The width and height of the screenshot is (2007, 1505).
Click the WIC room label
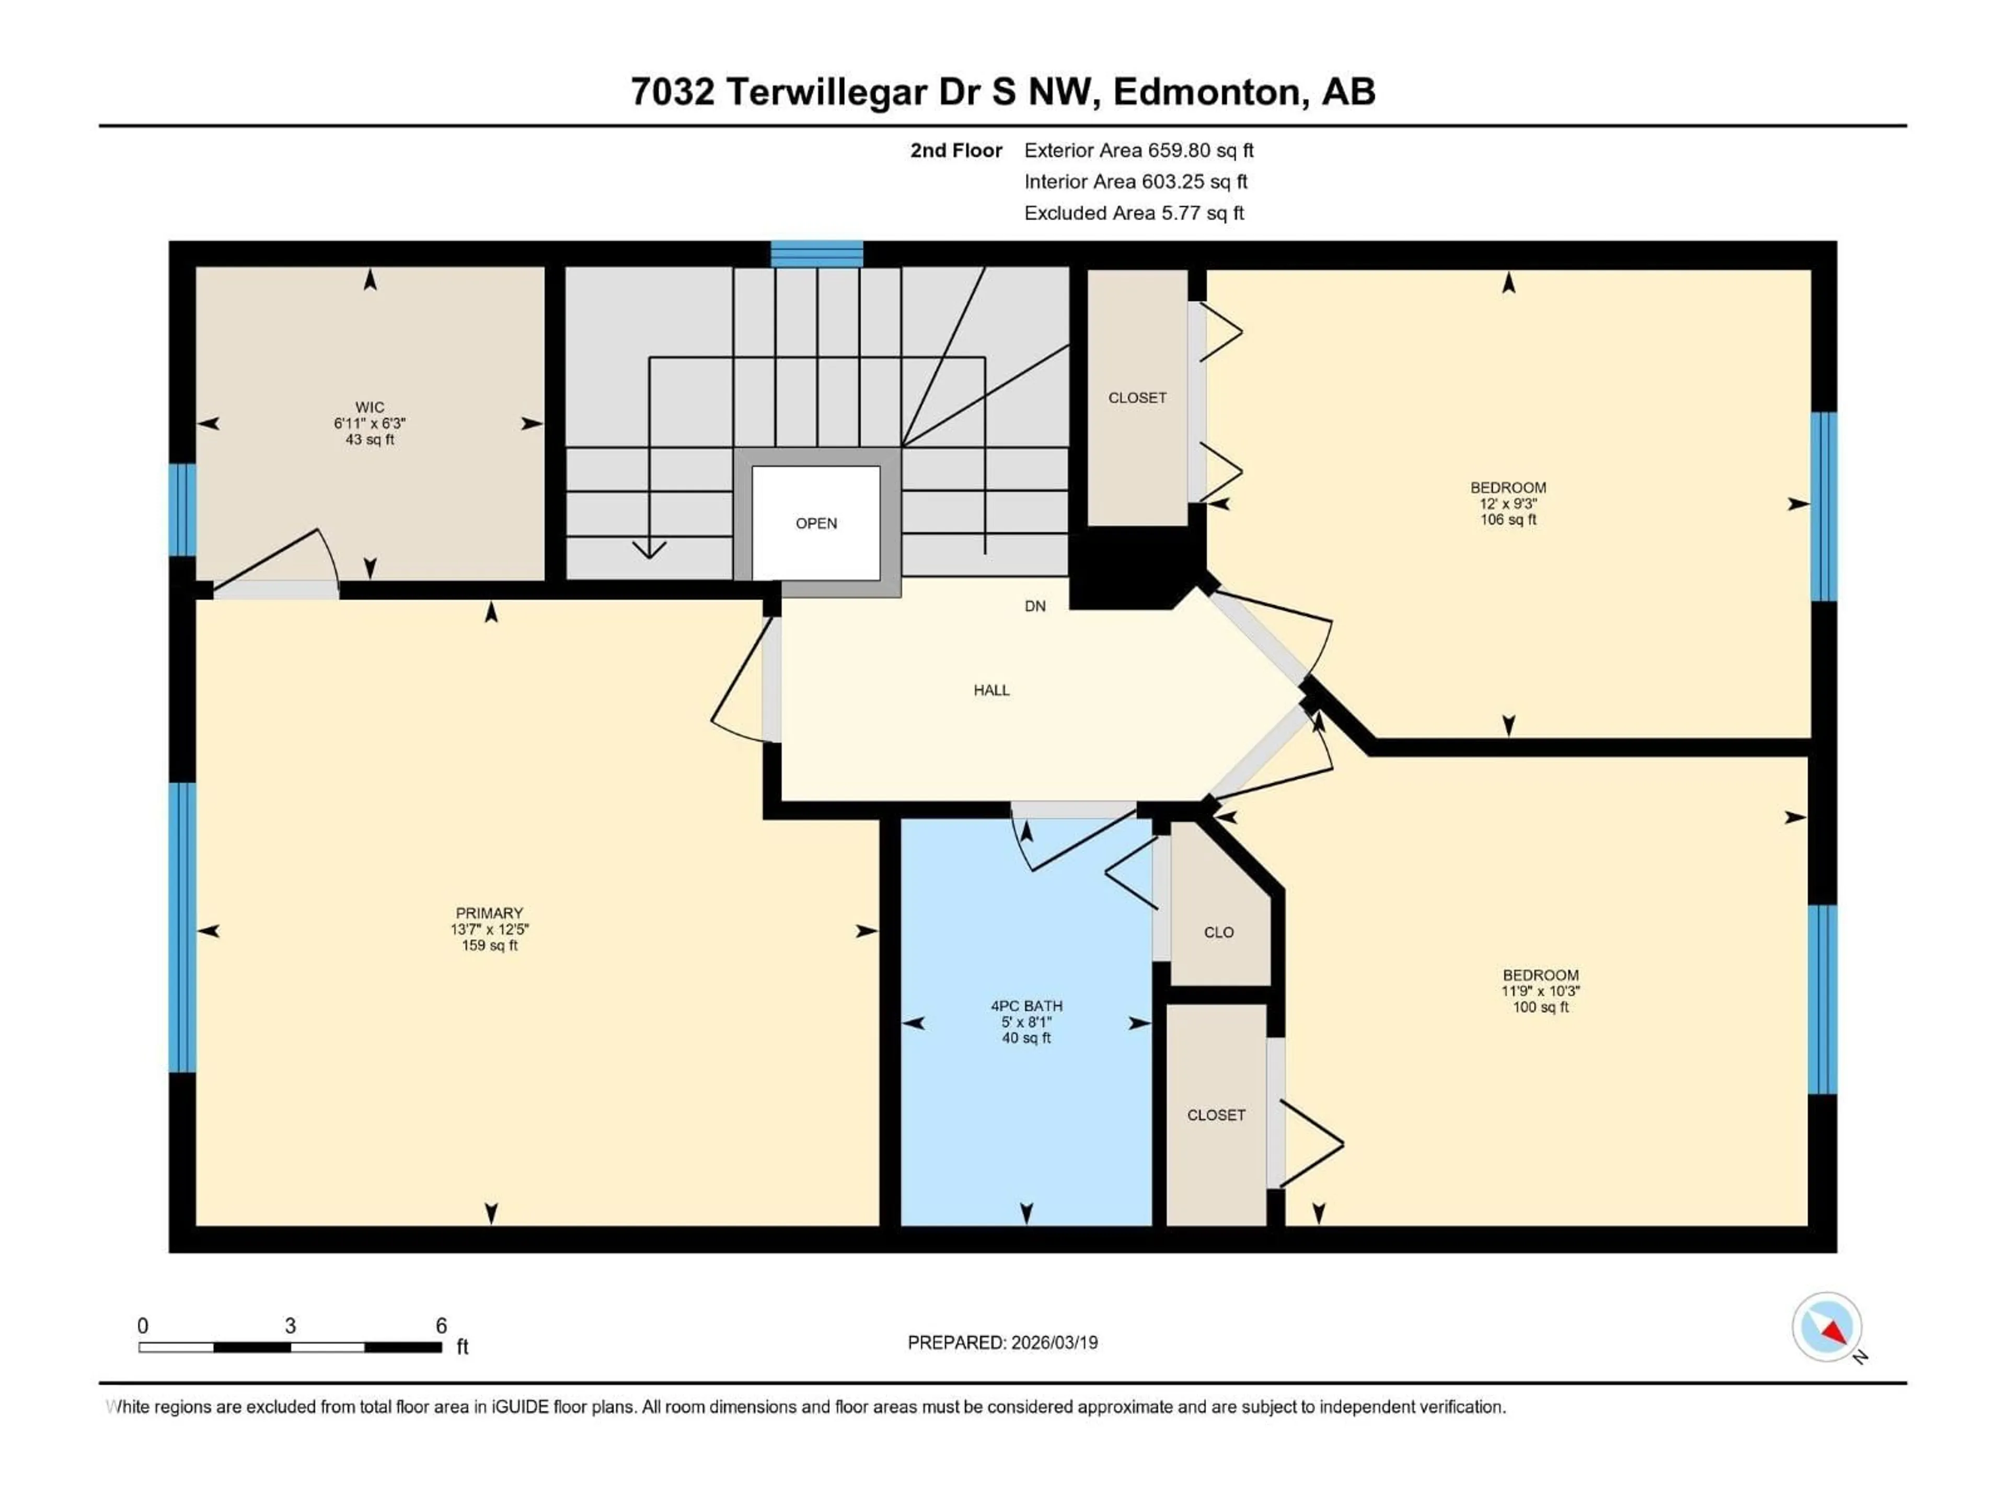tap(370, 407)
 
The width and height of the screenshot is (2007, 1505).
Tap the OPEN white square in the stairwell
tap(816, 524)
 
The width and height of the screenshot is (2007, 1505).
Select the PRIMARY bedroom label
tap(489, 912)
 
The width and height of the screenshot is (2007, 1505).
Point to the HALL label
tap(991, 690)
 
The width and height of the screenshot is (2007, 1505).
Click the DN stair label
tap(1034, 606)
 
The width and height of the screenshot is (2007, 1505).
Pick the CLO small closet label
tap(1218, 933)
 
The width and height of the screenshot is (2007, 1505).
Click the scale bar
tap(291, 1347)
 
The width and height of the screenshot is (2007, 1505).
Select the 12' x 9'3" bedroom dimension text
tap(1508, 503)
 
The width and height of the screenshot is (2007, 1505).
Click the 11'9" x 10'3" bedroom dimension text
tap(1540, 991)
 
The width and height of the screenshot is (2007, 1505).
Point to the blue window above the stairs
tap(816, 254)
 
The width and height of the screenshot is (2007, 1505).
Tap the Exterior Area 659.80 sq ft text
tap(1139, 150)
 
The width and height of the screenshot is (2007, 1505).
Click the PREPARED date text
tap(1002, 1342)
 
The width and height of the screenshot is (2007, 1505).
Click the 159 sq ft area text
tap(489, 945)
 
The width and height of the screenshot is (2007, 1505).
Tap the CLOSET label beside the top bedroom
tap(1137, 397)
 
